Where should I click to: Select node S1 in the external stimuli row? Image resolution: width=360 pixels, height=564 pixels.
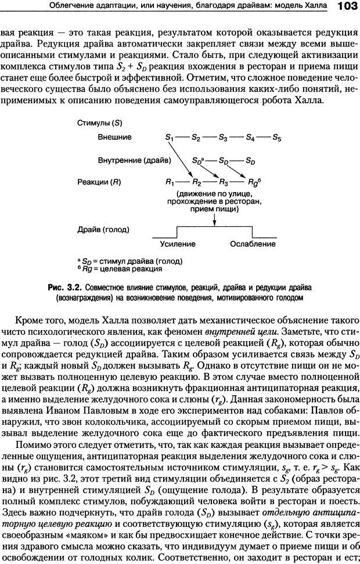(169, 138)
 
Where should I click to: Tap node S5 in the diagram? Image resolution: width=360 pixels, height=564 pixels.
(277, 138)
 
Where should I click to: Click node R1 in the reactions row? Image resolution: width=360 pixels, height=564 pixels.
(169, 182)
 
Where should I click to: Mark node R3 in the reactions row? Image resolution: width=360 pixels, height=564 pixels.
(222, 182)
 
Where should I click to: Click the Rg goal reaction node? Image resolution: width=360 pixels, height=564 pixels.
(251, 182)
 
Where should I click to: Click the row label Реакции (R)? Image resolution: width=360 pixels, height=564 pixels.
(99, 182)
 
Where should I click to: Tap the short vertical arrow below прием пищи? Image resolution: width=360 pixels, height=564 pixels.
(215, 218)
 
